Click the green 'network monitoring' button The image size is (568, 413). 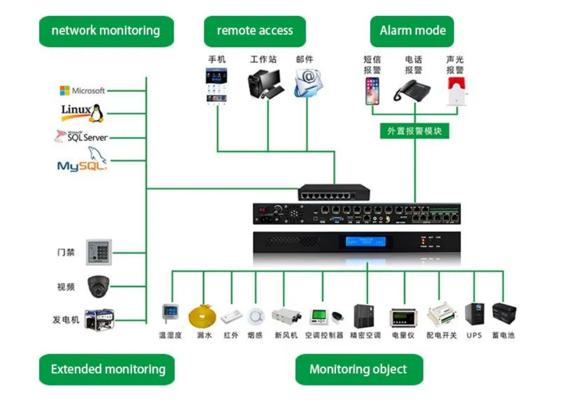pos(106,31)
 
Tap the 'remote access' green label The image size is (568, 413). pos(255,31)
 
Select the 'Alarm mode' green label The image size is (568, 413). pos(412,31)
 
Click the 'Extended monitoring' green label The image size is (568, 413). pos(108,369)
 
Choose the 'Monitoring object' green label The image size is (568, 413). pos(358,369)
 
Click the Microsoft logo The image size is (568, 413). pos(82,91)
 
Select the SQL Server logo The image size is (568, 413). pos(82,137)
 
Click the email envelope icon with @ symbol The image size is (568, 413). pos(308,83)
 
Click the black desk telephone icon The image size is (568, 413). pos(412,90)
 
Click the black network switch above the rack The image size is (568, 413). pos(334,192)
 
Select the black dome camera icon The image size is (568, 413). pos(98,286)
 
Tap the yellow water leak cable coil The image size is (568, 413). pos(203,318)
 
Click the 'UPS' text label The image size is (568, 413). pos(474,335)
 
